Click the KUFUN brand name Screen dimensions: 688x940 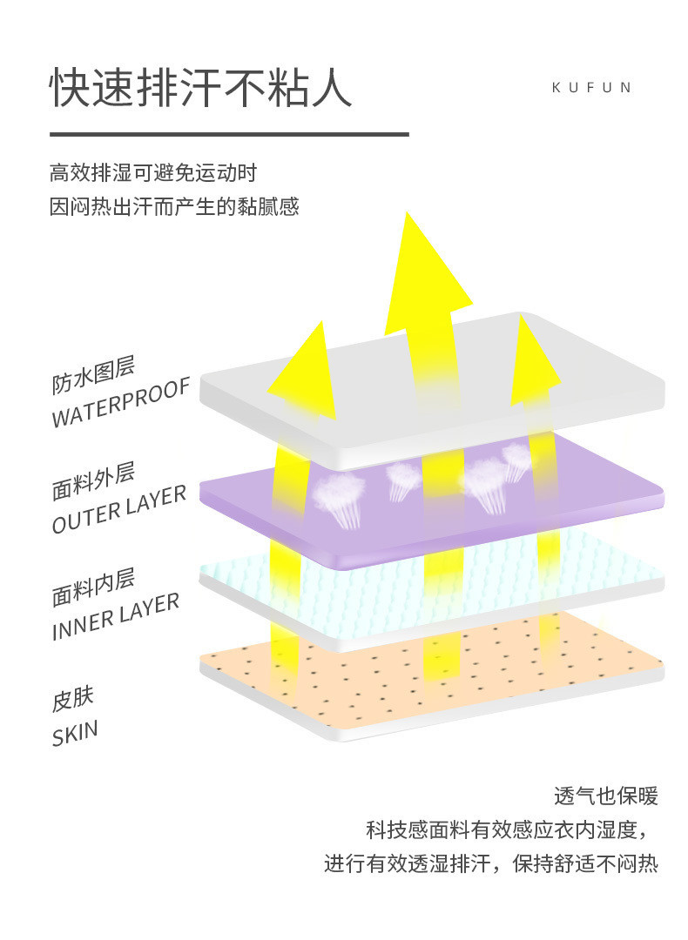click(591, 88)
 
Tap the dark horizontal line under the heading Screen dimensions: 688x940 click(229, 134)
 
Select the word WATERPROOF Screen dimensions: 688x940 click(120, 404)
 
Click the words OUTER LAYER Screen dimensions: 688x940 click(119, 510)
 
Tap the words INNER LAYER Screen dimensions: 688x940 click(116, 616)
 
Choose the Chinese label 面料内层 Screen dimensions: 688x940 click(93, 587)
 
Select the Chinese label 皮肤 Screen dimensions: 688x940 click(72, 698)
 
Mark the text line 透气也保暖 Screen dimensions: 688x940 click(605, 796)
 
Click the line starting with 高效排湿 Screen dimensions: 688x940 click(153, 172)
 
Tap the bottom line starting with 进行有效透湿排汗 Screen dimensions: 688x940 click(491, 864)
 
